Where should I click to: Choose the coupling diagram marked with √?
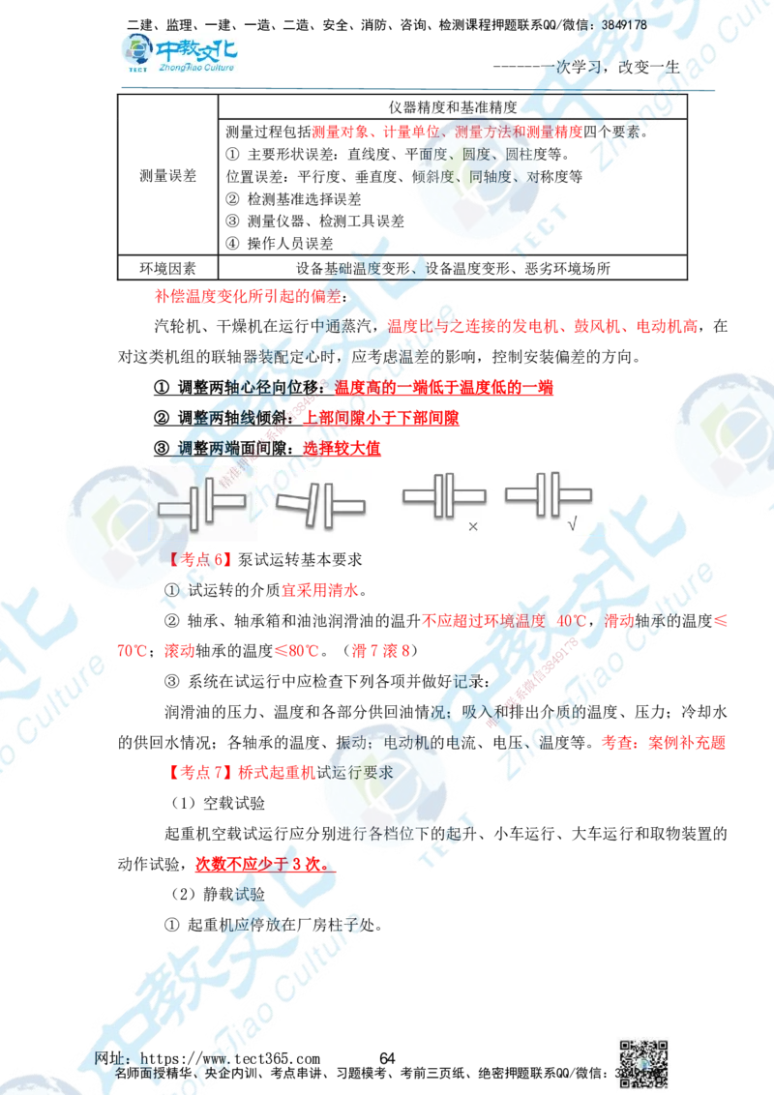[x=548, y=497]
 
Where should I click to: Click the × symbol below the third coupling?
[x=473, y=527]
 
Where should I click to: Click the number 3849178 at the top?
[x=623, y=24]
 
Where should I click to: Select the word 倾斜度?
[x=435, y=177]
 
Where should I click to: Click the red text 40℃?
[x=571, y=618]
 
